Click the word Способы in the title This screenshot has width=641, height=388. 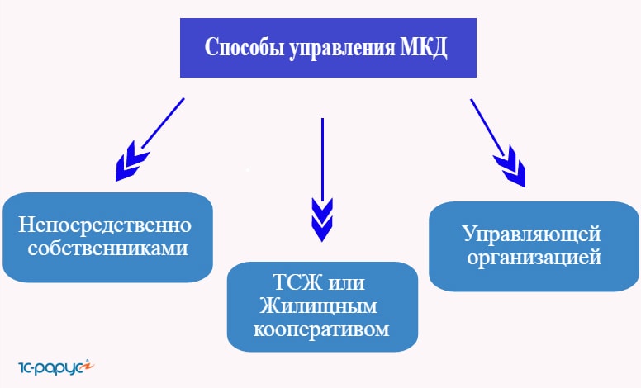245,47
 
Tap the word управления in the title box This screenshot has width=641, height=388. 342,48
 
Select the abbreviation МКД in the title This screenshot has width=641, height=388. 423,48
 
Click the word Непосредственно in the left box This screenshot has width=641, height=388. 105,225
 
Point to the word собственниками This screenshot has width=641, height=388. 108,248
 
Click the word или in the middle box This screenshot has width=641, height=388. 346,283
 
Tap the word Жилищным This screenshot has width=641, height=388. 318,305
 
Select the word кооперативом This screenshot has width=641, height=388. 321,329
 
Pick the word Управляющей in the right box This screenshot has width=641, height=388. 531,234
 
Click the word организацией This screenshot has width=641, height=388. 534,258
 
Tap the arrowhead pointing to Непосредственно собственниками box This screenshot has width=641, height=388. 131,162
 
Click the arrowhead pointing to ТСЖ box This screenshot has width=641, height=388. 322,220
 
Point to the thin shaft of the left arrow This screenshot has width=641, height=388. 163,123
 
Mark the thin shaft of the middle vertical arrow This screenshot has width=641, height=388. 322,160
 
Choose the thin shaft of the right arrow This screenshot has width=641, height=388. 487,126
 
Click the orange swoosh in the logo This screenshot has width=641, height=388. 87,366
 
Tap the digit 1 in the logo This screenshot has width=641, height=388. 21,367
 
